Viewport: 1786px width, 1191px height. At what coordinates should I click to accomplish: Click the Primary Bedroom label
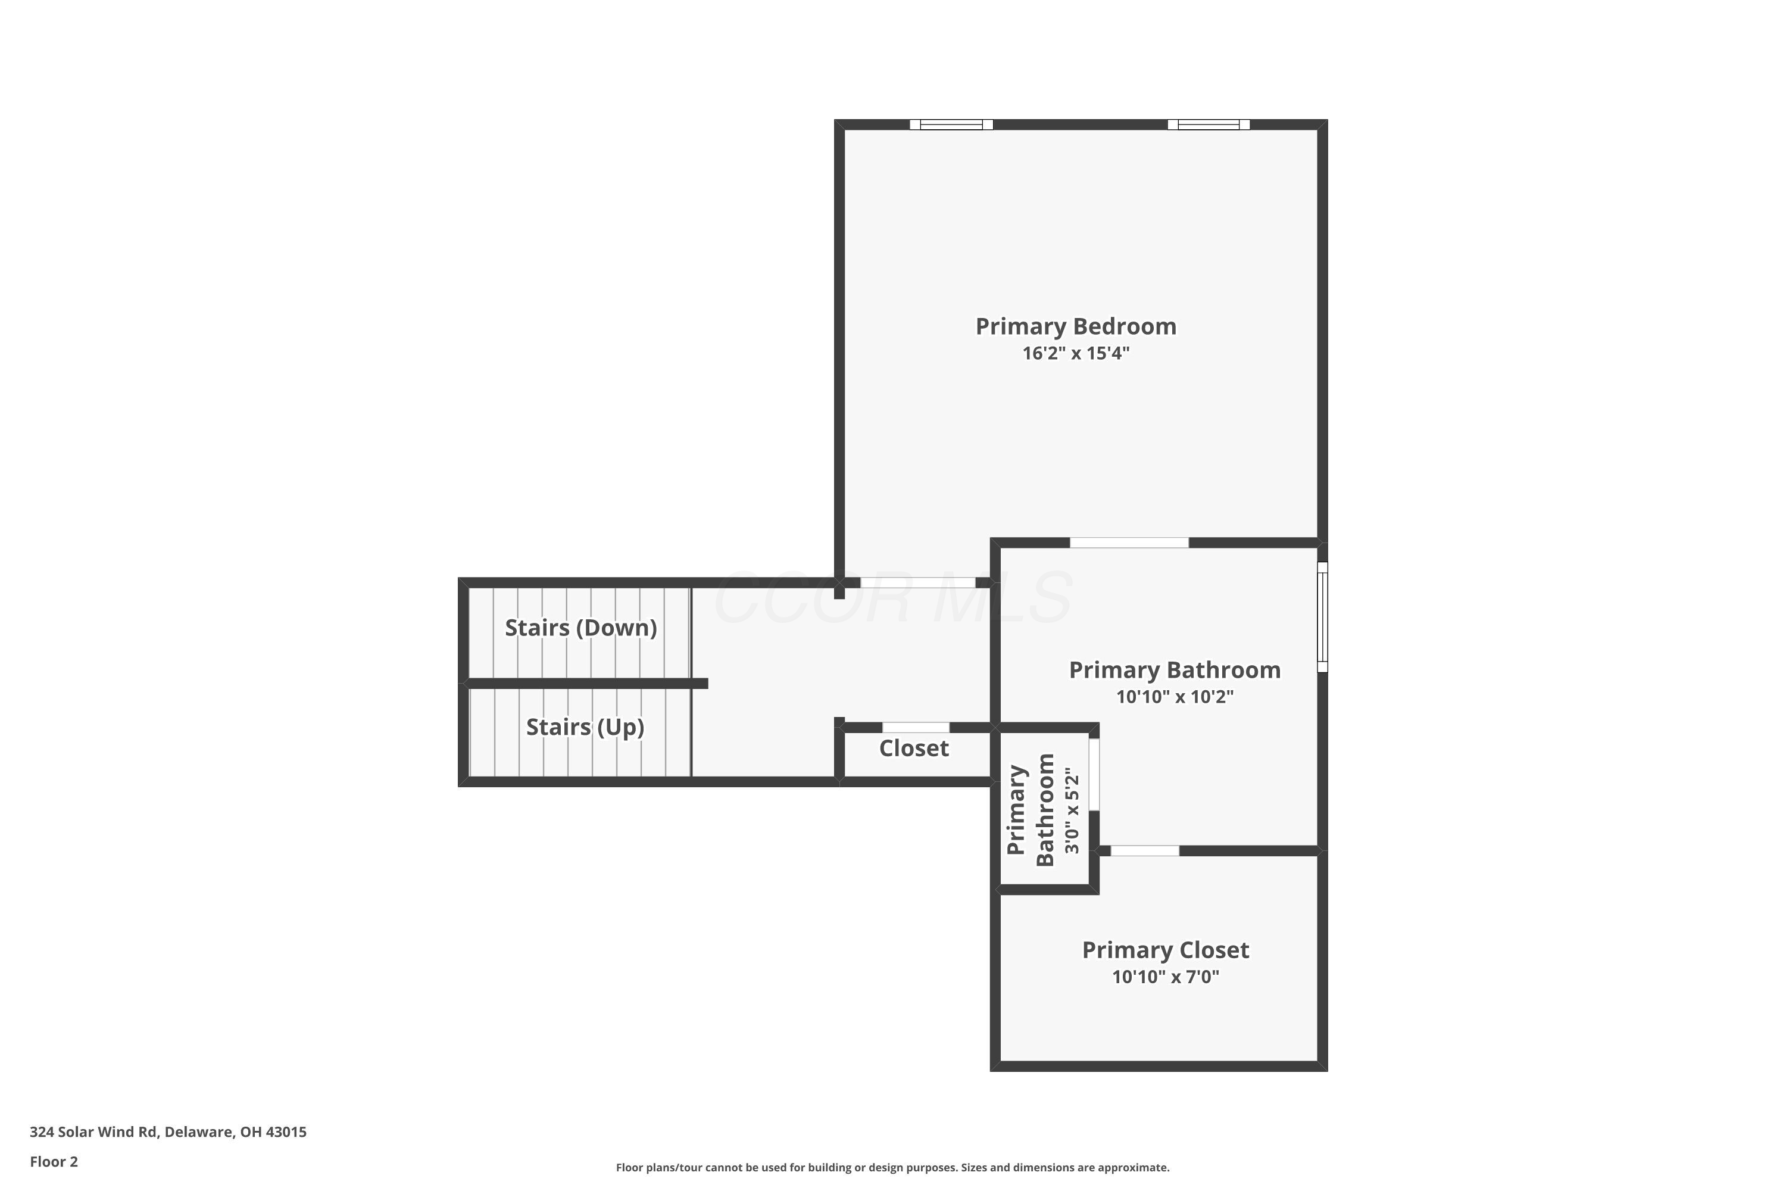pyautogui.click(x=1076, y=326)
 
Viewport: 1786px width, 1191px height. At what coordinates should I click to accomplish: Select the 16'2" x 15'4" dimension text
pyautogui.click(x=1076, y=353)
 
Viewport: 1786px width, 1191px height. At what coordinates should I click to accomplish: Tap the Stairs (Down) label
pyautogui.click(x=581, y=628)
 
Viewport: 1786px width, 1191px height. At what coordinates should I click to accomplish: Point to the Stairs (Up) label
pyautogui.click(x=585, y=728)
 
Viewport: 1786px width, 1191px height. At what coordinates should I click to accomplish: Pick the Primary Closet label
pyautogui.click(x=1166, y=950)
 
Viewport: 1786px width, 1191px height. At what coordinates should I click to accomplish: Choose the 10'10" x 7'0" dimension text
pyautogui.click(x=1166, y=977)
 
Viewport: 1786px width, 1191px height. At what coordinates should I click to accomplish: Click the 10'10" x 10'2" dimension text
pyautogui.click(x=1175, y=697)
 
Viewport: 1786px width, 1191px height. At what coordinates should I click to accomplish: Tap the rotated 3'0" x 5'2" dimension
pyautogui.click(x=1072, y=810)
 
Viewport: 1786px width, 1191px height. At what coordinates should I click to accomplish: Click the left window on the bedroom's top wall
pyautogui.click(x=951, y=124)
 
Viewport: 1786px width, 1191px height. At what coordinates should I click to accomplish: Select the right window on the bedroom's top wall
pyautogui.click(x=1209, y=124)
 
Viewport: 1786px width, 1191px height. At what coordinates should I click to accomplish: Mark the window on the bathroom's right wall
pyautogui.click(x=1322, y=617)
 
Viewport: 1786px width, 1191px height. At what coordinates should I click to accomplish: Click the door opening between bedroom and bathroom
pyautogui.click(x=1129, y=543)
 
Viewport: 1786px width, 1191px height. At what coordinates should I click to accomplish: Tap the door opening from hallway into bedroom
pyautogui.click(x=917, y=582)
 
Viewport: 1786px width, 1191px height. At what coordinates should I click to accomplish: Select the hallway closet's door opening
pyautogui.click(x=916, y=727)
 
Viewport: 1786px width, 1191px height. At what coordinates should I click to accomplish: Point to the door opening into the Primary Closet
pyautogui.click(x=1145, y=851)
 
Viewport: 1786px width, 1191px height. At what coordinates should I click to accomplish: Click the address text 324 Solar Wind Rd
pyautogui.click(x=94, y=1132)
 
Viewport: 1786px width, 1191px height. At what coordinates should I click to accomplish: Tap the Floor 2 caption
pyautogui.click(x=54, y=1161)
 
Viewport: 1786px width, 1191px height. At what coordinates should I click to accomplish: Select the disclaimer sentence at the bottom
pyautogui.click(x=892, y=1167)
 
